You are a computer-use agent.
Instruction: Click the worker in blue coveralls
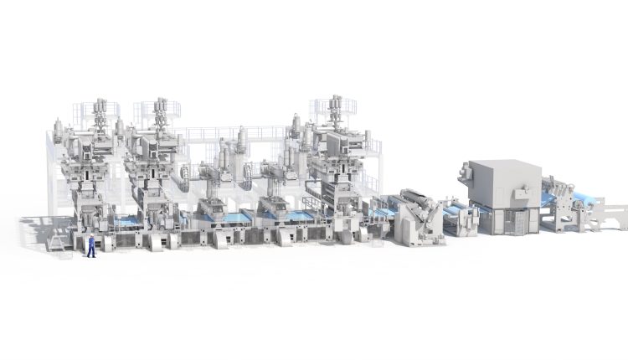[91, 246]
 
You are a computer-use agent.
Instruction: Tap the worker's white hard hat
[91, 236]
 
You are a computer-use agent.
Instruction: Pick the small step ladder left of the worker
[58, 242]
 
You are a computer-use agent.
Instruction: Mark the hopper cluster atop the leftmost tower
[100, 112]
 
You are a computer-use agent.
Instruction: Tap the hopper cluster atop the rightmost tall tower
[337, 111]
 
